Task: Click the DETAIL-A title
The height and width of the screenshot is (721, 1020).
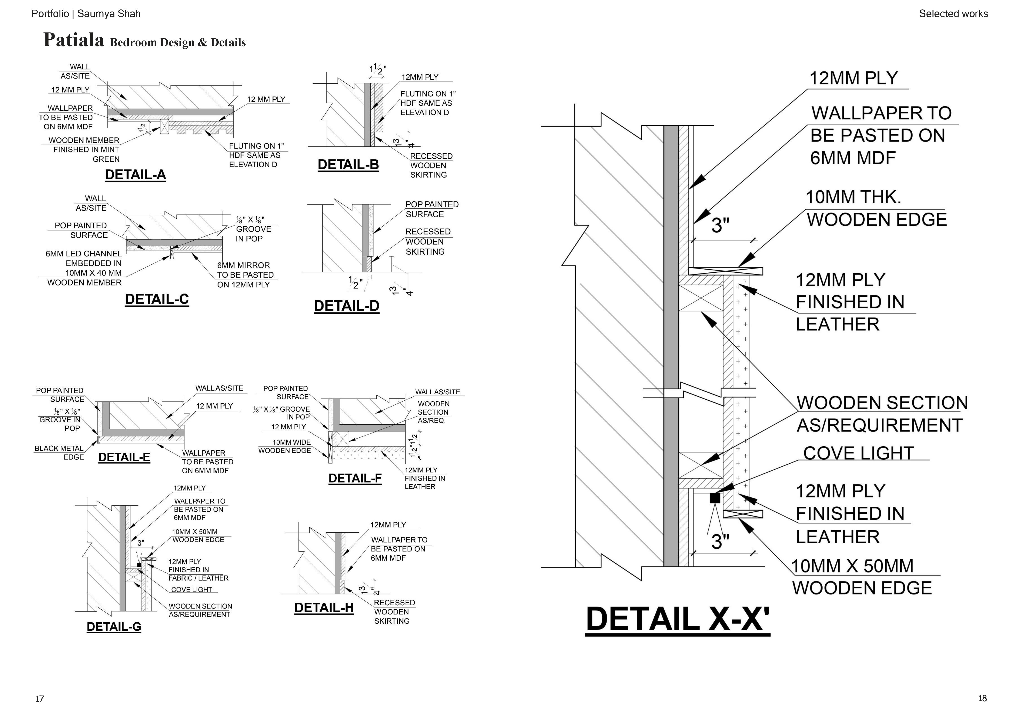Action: pyautogui.click(x=135, y=175)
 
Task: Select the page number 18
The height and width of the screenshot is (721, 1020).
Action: pyautogui.click(x=982, y=698)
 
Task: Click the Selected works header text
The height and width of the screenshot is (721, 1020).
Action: pyautogui.click(x=953, y=14)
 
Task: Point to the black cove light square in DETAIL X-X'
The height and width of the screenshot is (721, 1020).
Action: pyautogui.click(x=715, y=498)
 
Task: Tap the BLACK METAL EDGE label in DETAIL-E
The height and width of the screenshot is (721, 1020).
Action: pyautogui.click(x=59, y=453)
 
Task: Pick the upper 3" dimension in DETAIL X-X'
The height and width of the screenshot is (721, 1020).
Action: pyautogui.click(x=720, y=225)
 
